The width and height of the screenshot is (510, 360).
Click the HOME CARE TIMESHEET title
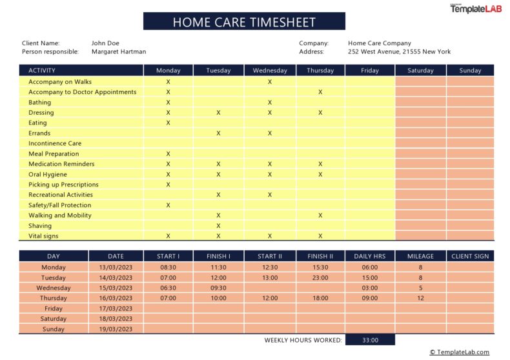244,22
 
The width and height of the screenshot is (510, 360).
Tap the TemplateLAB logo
476,8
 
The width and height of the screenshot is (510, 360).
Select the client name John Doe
105,43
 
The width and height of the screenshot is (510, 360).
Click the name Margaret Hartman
119,52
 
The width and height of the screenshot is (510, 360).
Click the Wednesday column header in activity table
270,70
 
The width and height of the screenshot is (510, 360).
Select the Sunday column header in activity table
470,70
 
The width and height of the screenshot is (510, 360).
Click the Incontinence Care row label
55,143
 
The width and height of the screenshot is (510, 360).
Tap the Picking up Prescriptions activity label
63,185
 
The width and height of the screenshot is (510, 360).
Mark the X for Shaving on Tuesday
218,226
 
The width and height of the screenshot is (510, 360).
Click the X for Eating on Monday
168,123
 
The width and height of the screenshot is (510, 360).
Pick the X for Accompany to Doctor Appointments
320,92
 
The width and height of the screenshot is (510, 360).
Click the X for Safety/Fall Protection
168,205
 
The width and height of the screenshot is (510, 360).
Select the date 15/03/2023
116,288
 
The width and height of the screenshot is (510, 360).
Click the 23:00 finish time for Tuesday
320,277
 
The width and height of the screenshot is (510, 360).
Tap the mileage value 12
420,298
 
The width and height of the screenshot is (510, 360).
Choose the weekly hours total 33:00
370,340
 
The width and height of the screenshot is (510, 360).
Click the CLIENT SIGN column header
470,256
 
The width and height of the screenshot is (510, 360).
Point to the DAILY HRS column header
370,256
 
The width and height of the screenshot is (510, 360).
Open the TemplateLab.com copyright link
460,352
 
